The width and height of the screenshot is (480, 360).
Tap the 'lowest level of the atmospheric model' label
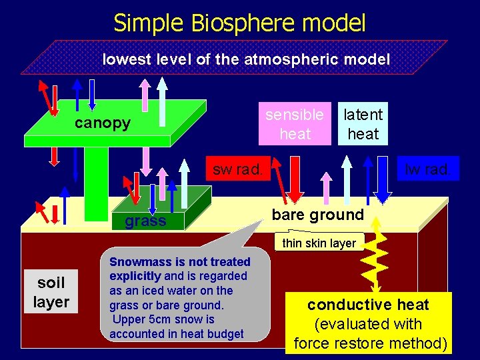(x=246, y=59)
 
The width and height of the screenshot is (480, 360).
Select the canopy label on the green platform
(x=102, y=123)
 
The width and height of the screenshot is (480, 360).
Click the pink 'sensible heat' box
(x=295, y=124)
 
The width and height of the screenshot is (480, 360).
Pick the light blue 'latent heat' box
(x=363, y=124)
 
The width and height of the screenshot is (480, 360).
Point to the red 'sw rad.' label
(x=237, y=169)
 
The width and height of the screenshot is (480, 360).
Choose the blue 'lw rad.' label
(x=427, y=169)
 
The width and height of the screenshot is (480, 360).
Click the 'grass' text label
(x=145, y=221)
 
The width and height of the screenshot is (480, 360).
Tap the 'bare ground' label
(x=318, y=215)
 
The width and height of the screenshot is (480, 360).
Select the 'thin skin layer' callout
(x=319, y=243)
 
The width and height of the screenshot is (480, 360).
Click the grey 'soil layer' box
(x=51, y=292)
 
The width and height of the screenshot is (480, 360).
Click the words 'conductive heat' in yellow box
(x=368, y=305)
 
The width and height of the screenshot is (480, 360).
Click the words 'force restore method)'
(x=369, y=343)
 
